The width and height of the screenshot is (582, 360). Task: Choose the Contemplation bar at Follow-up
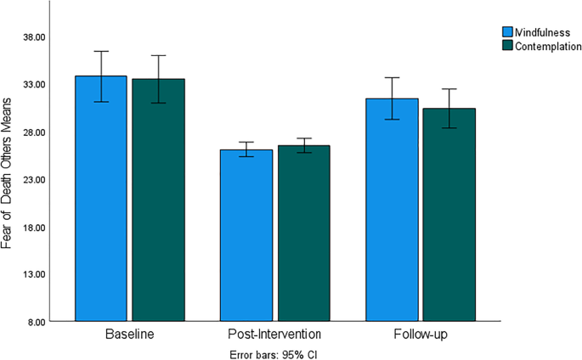(x=449, y=216)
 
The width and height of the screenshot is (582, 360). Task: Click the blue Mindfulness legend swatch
(x=507, y=32)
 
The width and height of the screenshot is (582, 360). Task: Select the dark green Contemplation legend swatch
(x=507, y=46)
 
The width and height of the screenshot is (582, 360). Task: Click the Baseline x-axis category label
(x=129, y=335)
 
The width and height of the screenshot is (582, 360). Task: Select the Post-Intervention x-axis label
(x=274, y=335)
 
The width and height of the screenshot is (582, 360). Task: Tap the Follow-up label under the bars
(x=420, y=335)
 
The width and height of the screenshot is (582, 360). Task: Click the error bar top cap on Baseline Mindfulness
(x=101, y=51)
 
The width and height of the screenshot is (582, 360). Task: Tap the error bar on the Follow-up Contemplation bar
(x=449, y=108)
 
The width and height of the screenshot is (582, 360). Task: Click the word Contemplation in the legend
(x=548, y=46)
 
